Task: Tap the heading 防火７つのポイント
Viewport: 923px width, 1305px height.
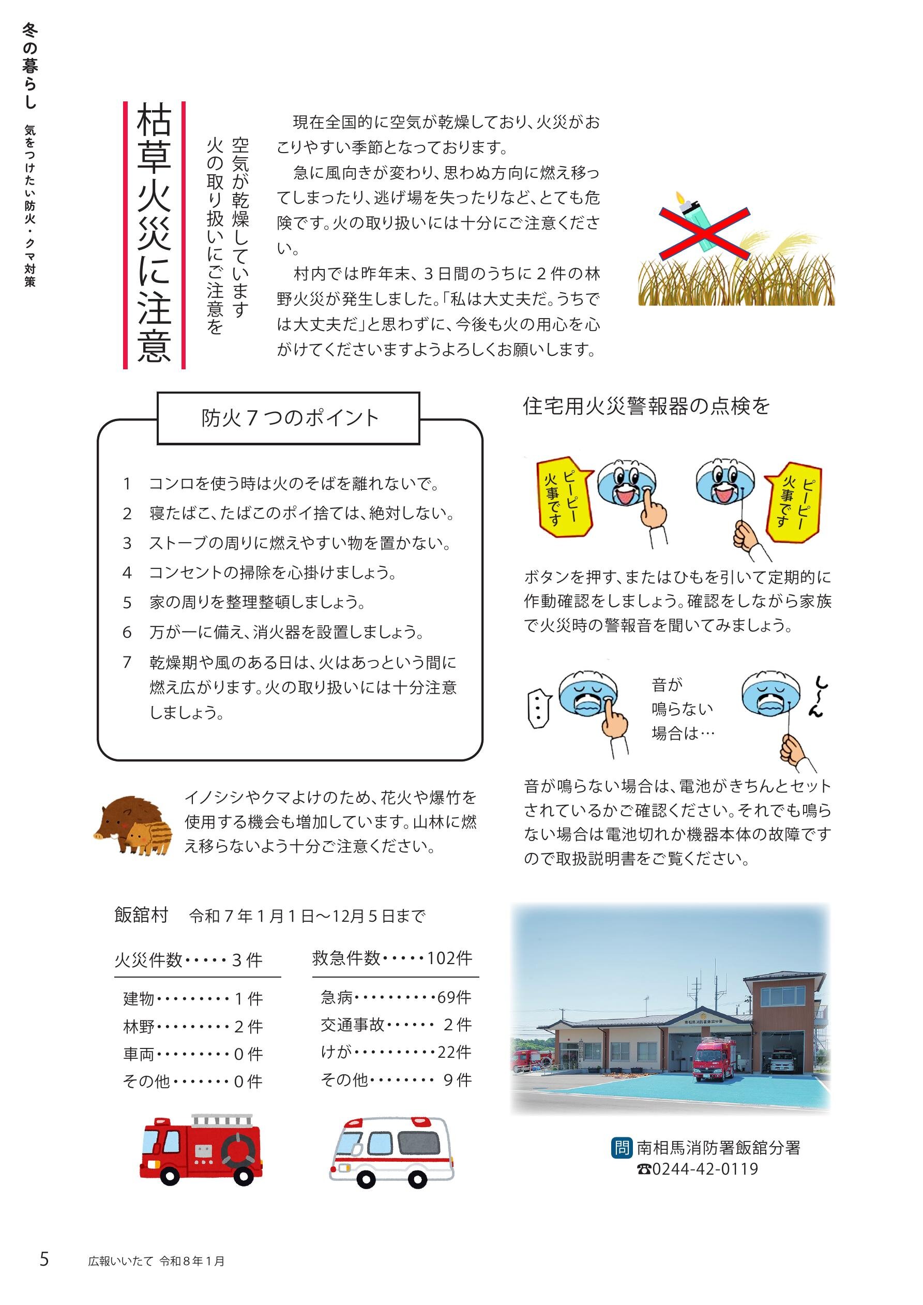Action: click(289, 418)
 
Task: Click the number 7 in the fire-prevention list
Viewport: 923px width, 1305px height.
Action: click(127, 662)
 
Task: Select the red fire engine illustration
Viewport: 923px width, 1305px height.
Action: click(201, 1150)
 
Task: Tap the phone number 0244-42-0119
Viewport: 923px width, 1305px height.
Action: click(698, 1169)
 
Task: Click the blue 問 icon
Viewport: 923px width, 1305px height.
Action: click(621, 1148)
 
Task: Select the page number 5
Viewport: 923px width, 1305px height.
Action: click(44, 1259)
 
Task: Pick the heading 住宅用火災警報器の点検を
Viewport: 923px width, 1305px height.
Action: click(646, 407)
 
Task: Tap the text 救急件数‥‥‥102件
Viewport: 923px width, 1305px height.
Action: click(392, 958)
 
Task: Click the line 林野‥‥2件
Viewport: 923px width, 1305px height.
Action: click(193, 1027)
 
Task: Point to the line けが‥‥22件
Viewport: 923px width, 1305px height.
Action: click(396, 1052)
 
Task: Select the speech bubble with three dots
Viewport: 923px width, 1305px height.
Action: click(539, 708)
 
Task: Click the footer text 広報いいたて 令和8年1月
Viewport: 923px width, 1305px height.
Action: click(156, 1261)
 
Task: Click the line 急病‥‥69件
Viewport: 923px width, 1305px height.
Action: click(396, 997)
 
